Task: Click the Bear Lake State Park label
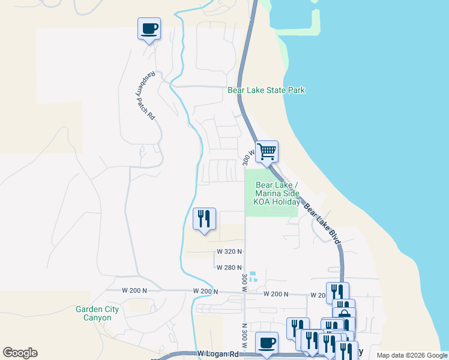pos(267,91)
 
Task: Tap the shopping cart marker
pos(267,152)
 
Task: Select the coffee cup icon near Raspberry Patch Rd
pos(149,28)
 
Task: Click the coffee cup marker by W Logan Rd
pos(267,343)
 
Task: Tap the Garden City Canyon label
pos(97,313)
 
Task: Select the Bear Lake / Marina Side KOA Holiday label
pos(277,193)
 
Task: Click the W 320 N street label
pos(229,251)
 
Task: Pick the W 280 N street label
pos(229,268)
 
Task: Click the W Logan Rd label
pos(218,355)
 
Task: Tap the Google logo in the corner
pos(20,353)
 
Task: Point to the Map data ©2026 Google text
pos(412,355)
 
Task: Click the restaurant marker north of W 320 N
pos(204,219)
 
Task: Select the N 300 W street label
pos(245,337)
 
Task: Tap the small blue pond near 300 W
pos(253,277)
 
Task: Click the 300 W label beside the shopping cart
pos(246,158)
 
